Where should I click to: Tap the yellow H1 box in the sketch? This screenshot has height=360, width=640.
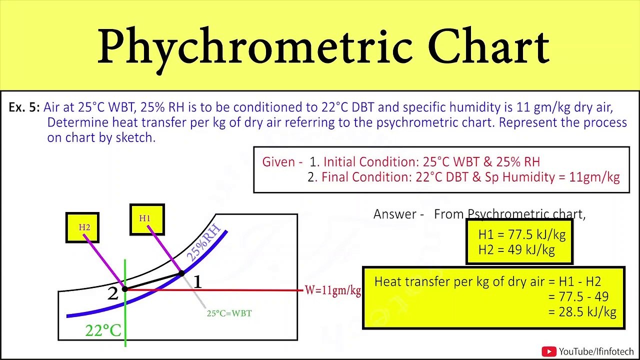(x=147, y=219)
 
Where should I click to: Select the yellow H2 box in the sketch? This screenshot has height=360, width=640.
(x=82, y=227)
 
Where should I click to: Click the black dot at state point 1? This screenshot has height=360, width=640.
(x=181, y=273)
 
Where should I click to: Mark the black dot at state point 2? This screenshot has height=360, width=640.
(x=125, y=289)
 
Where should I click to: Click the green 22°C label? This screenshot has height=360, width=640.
(x=103, y=330)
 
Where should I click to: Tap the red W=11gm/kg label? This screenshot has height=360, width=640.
(x=332, y=290)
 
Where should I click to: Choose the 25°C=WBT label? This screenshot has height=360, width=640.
(x=229, y=313)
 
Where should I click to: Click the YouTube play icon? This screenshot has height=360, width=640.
(x=549, y=351)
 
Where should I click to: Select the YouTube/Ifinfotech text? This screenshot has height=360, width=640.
(x=596, y=351)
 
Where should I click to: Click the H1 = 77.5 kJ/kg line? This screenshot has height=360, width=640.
(x=521, y=234)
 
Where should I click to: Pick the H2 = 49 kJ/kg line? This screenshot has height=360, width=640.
(x=516, y=249)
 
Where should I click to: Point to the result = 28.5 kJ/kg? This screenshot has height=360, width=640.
(x=582, y=311)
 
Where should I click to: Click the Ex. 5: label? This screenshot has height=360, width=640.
(x=24, y=107)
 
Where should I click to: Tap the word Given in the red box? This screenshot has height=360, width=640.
(x=278, y=161)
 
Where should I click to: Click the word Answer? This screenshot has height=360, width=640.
(x=395, y=214)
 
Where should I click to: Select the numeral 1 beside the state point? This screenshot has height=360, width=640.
(x=197, y=282)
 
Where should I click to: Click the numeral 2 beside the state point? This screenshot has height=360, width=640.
(x=113, y=293)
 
